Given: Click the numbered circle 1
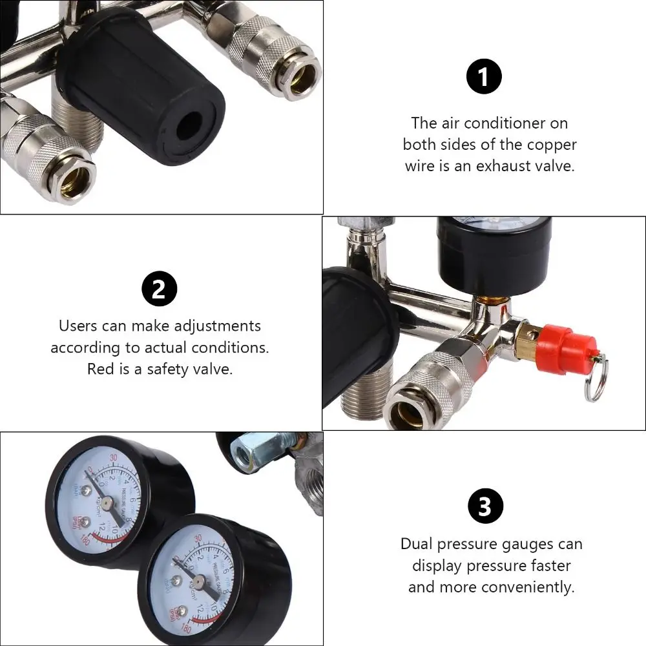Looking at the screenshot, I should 484,78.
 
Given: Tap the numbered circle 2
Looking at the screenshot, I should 159,290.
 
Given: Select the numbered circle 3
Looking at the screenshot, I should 484,506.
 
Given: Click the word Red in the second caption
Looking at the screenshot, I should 101,369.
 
